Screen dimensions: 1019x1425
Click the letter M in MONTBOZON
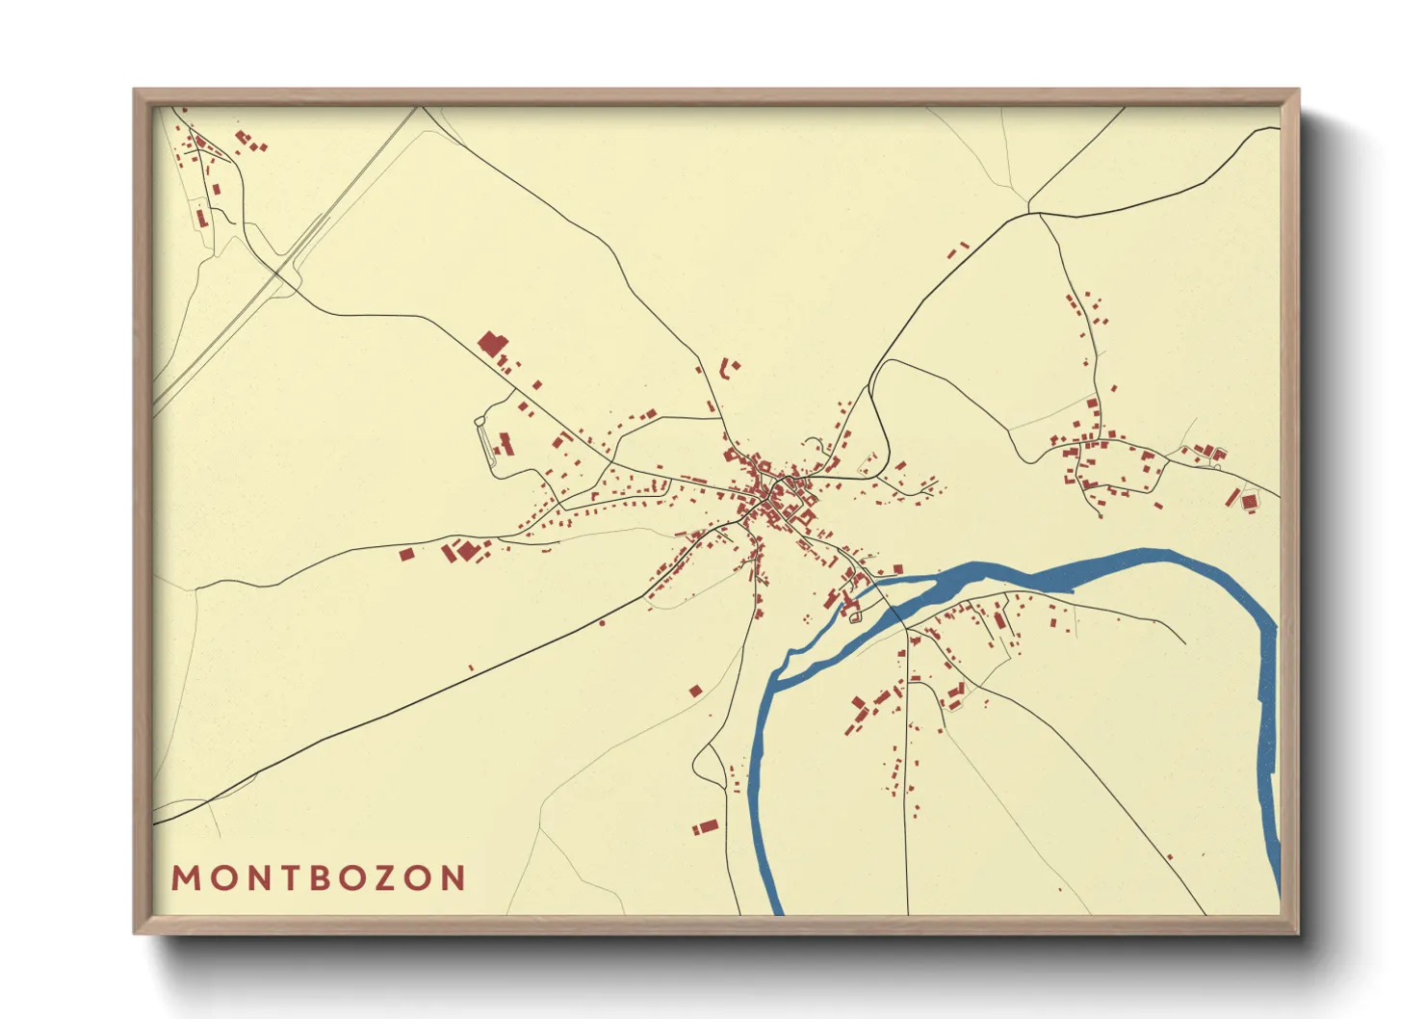pos(186,877)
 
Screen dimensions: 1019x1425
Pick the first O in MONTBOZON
pos(219,877)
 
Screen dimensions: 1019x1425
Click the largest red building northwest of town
pos(492,344)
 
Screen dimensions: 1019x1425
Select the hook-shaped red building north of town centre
pos(727,367)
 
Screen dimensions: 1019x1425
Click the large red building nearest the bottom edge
pos(708,826)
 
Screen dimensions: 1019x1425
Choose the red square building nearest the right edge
pos(1250,502)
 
